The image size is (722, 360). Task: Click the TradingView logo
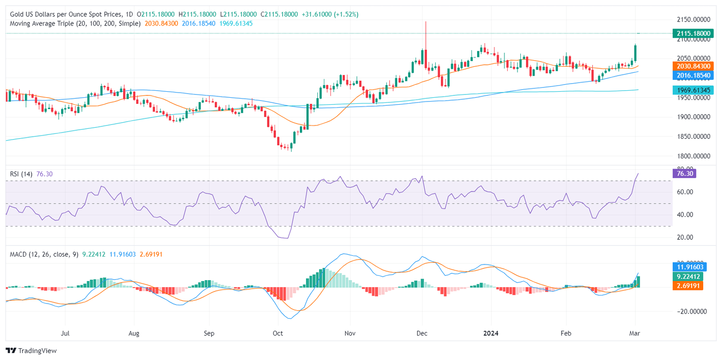(31, 351)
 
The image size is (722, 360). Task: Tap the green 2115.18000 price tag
(693, 33)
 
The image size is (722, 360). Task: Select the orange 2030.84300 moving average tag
(693, 66)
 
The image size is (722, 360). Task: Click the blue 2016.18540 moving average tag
(693, 75)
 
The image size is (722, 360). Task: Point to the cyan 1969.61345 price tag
(693, 90)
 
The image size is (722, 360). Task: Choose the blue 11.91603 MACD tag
(688, 265)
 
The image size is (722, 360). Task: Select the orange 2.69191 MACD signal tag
(688, 285)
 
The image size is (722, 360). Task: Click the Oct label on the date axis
(278, 334)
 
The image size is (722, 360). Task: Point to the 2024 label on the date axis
(491, 334)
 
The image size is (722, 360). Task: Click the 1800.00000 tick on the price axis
(693, 156)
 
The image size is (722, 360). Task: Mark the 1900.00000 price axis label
(693, 117)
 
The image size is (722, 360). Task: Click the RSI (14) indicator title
(21, 174)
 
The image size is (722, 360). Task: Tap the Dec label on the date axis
(422, 334)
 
